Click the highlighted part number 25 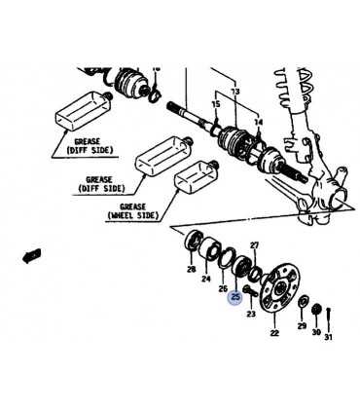coord(235,297)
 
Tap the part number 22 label coord(274,333)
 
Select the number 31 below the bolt coord(328,337)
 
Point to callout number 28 coord(192,269)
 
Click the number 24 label coord(206,279)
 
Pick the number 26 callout coord(223,288)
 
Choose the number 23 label coord(251,314)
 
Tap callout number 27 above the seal coord(255,245)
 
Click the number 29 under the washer coord(302,325)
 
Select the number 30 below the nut coord(316,332)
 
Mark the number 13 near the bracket coord(235,92)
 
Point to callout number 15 coord(216,104)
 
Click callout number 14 coord(258,123)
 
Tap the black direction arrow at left coord(32,255)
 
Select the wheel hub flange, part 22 coord(279,288)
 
